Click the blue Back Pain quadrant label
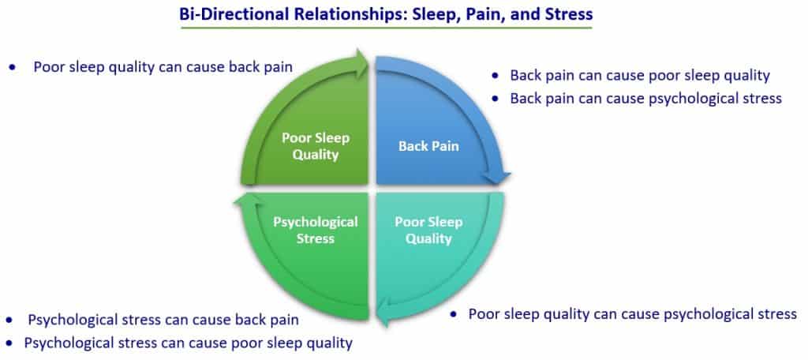pyautogui.click(x=428, y=146)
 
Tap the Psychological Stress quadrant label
pyautogui.click(x=316, y=230)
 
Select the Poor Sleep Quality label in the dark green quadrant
pyautogui.click(x=316, y=146)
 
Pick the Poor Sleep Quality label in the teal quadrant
pyautogui.click(x=428, y=230)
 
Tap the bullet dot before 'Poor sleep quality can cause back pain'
pyautogui.click(x=13, y=68)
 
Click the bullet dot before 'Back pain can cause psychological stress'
pyautogui.click(x=496, y=99)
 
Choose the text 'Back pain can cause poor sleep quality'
pyautogui.click(x=640, y=76)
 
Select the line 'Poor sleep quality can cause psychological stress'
pyautogui.click(x=632, y=314)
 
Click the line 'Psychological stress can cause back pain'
pyautogui.click(x=163, y=321)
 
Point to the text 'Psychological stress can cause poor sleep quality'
pyautogui.click(x=189, y=343)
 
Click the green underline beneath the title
pyautogui.click(x=386, y=28)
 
